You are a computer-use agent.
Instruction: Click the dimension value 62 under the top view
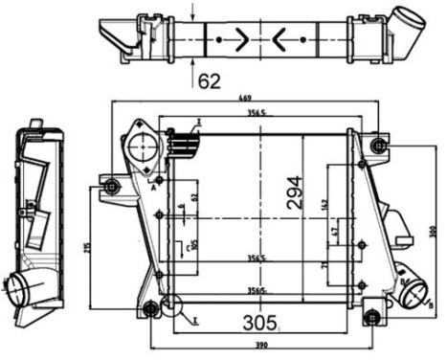point(210,80)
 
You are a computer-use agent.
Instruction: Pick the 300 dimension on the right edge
point(433,233)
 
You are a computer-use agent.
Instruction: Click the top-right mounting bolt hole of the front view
point(379,145)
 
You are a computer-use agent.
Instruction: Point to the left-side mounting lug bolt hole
point(112,185)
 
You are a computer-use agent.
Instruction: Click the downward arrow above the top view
point(194,12)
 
